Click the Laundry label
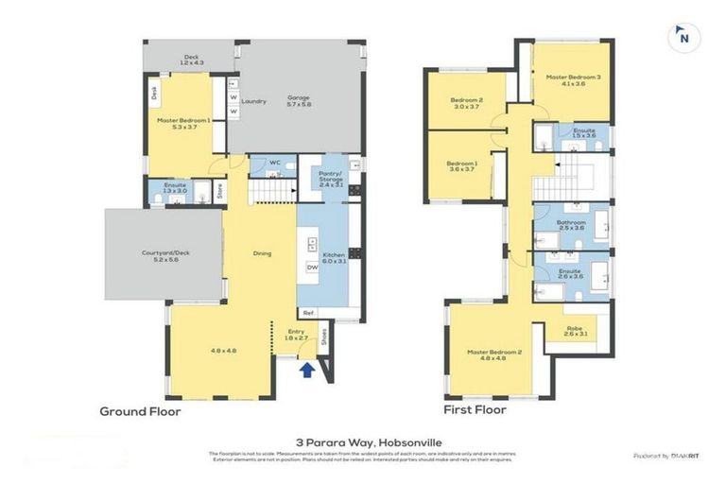point(253,101)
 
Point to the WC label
point(275,163)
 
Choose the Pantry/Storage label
point(329,178)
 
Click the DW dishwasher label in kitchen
point(312,268)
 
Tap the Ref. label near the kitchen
point(308,312)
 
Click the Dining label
point(263,252)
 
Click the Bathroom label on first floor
point(572,223)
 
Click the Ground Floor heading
point(140,411)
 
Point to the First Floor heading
point(475,410)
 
